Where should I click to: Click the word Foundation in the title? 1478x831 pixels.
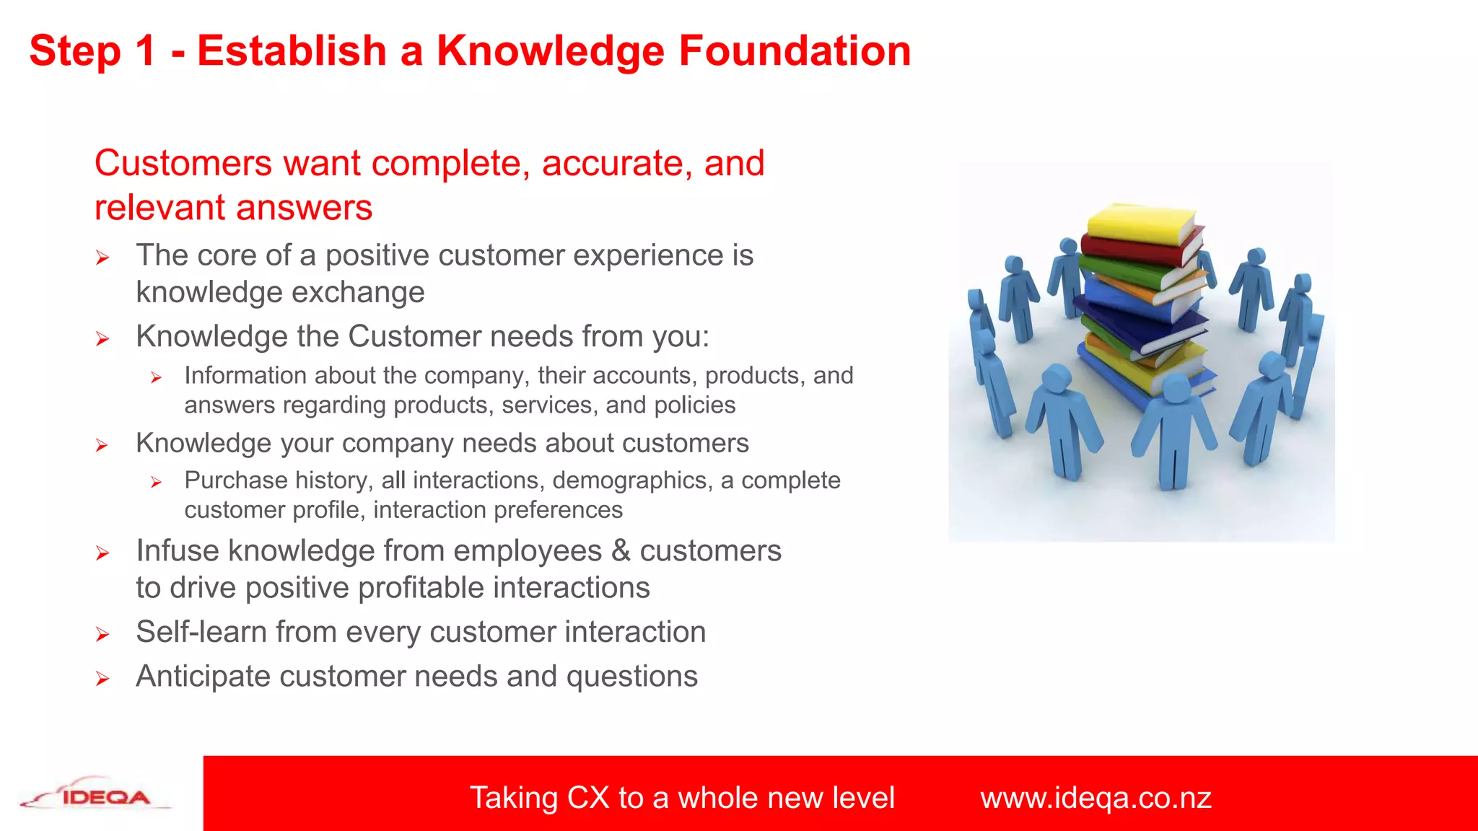pos(795,51)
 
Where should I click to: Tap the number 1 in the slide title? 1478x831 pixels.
pos(144,51)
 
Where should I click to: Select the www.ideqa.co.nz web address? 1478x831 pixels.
pos(1096,798)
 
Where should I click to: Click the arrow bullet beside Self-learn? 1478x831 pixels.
pos(102,635)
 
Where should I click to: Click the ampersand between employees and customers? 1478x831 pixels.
pos(621,551)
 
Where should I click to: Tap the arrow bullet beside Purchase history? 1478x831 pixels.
pos(156,483)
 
